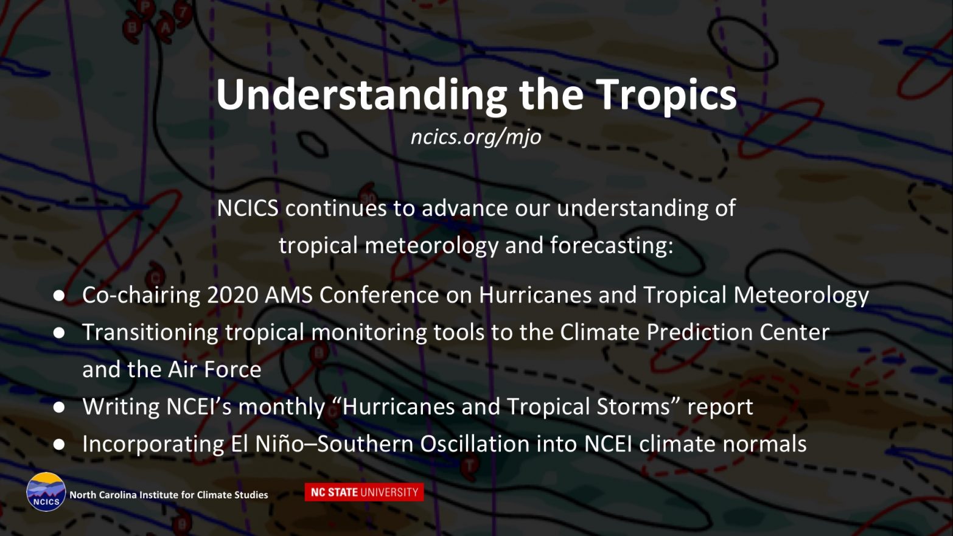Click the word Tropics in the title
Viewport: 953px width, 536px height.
(666, 95)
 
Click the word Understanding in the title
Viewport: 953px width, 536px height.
(361, 95)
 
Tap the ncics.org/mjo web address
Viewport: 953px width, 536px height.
(476, 137)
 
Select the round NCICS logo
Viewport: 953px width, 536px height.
(46, 492)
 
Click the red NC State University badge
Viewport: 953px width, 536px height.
(364, 492)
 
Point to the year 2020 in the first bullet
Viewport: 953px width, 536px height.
(232, 295)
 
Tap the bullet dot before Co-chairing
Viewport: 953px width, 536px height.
(59, 296)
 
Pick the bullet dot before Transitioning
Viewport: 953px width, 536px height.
(59, 333)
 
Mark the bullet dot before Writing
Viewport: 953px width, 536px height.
(59, 407)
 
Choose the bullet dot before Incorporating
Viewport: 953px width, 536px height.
(59, 445)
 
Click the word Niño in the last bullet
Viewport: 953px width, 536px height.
(280, 444)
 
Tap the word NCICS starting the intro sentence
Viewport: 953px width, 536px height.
(248, 209)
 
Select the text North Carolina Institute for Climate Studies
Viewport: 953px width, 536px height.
(169, 495)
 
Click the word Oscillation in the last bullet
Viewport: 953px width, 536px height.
(475, 444)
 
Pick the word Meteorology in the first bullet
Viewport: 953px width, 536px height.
(801, 296)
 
